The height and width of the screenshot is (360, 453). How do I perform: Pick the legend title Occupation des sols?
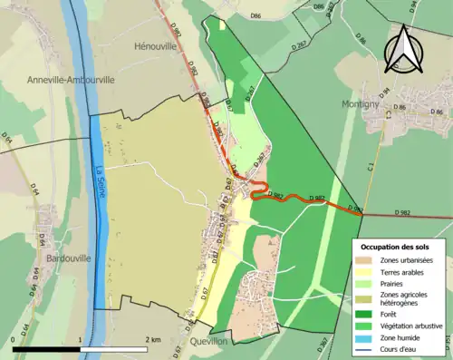point(395,247)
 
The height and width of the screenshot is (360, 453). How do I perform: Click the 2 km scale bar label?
point(154,339)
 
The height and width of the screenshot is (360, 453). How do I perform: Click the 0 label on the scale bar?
point(14,339)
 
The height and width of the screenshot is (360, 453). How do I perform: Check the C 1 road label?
point(371,168)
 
